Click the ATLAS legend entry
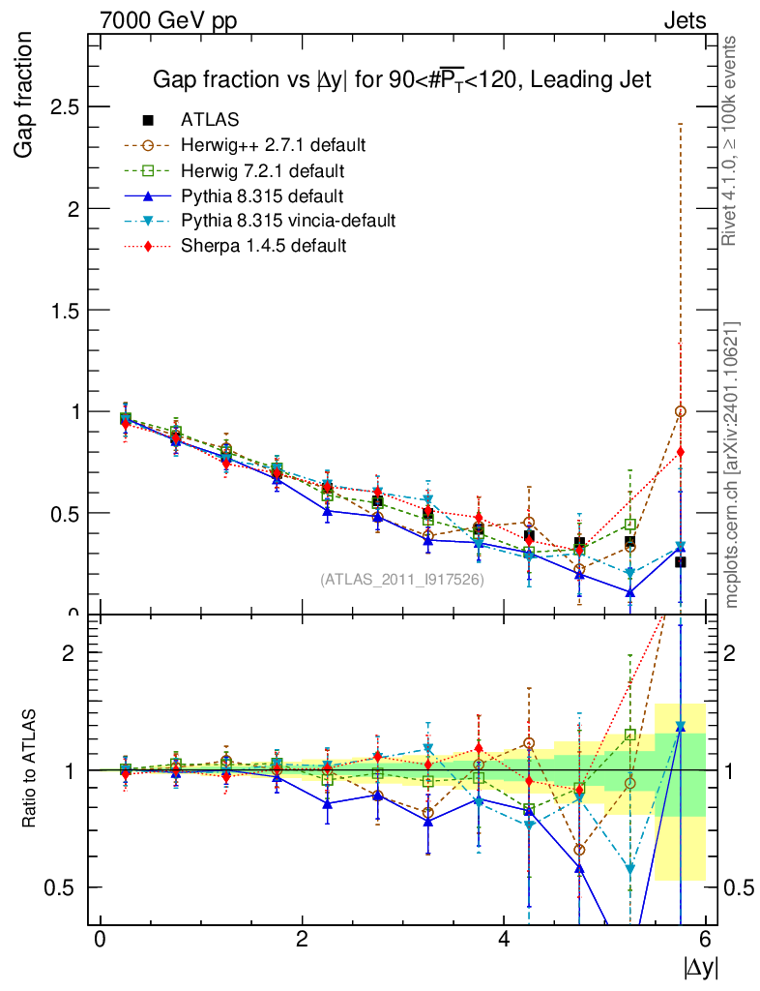click(x=210, y=120)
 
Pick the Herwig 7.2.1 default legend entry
click(x=263, y=171)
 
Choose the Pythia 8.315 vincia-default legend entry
click(x=287, y=222)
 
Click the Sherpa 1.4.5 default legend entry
click(x=263, y=247)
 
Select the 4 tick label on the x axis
click(x=505, y=939)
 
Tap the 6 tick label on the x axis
click(x=707, y=939)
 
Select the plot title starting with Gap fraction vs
click(x=402, y=80)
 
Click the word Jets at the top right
click(x=684, y=20)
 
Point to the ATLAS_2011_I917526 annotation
click(x=401, y=580)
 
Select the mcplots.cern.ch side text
click(x=732, y=465)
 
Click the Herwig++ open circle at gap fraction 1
click(x=681, y=411)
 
